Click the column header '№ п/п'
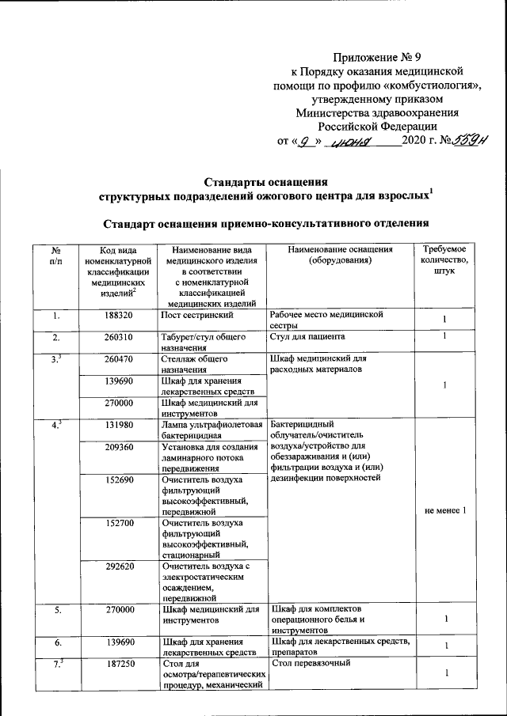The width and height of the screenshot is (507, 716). [x=55, y=255]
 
